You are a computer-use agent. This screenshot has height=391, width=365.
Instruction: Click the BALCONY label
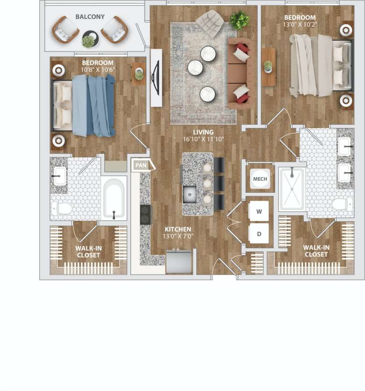pyautogui.click(x=90, y=17)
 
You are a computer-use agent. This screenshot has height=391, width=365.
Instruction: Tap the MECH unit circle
pyautogui.click(x=260, y=179)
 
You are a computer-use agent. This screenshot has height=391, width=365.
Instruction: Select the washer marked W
pyautogui.click(x=259, y=212)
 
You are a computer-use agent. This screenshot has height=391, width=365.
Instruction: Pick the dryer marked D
pyautogui.click(x=259, y=234)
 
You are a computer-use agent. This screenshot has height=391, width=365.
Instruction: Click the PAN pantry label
pyautogui.click(x=141, y=165)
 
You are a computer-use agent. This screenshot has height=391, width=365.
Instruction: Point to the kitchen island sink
pyautogui.click(x=190, y=193)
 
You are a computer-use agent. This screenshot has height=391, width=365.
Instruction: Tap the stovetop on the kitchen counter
pyautogui.click(x=145, y=214)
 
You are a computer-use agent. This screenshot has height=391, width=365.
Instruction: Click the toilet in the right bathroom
pyautogui.click(x=342, y=203)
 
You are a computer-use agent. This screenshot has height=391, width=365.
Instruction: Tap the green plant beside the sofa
pyautogui.click(x=239, y=20)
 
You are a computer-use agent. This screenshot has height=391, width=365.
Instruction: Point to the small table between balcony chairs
pyautogui.click(x=90, y=39)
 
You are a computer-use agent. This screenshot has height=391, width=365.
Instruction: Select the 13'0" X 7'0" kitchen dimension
pyautogui.click(x=179, y=237)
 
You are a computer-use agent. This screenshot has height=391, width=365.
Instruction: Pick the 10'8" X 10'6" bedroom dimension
pyautogui.click(x=98, y=69)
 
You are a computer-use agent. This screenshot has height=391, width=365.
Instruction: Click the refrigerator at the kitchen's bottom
pyautogui.click(x=179, y=262)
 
